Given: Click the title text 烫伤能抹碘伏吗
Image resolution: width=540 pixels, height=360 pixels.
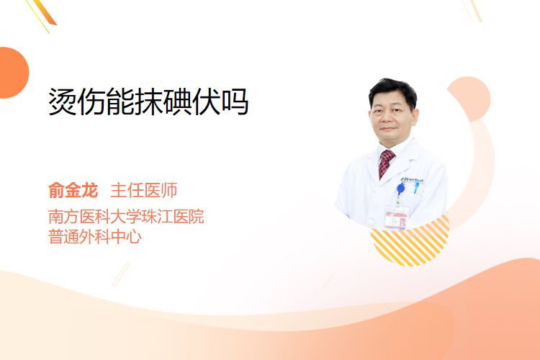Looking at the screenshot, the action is (x=148, y=102).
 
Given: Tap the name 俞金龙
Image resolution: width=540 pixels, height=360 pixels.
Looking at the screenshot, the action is (x=73, y=191).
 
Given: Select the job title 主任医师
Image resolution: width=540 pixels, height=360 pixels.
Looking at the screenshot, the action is (x=143, y=191).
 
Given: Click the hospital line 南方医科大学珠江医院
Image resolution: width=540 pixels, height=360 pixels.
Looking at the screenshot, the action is (x=126, y=216).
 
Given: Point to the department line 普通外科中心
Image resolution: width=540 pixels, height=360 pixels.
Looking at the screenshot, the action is (x=95, y=237).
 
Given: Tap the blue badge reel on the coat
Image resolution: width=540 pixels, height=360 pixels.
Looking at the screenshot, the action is (x=400, y=189).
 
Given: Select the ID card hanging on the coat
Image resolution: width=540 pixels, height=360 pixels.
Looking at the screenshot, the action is (x=397, y=217).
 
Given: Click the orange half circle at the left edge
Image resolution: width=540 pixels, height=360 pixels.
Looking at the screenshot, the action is (x=14, y=73).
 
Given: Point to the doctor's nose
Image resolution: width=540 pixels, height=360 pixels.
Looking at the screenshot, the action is (x=388, y=119).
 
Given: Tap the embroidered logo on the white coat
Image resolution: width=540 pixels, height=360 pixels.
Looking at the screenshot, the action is (x=412, y=180).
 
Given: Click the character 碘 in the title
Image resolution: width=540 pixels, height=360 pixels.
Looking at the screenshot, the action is (x=177, y=102).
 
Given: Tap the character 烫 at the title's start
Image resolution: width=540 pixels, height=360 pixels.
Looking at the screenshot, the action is (x=63, y=102).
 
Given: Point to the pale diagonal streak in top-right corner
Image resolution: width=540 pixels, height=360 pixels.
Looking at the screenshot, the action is (x=472, y=10).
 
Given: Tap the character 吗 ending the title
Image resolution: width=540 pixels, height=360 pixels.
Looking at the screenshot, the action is (x=235, y=102).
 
